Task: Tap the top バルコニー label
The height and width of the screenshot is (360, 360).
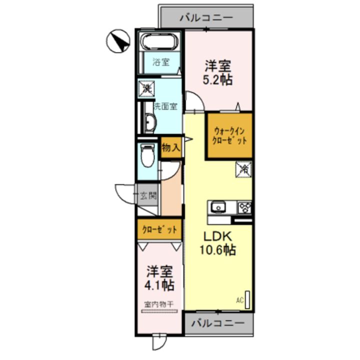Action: point(205,17)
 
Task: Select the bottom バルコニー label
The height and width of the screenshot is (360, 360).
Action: point(217,322)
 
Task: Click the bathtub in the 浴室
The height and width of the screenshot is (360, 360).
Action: point(159,40)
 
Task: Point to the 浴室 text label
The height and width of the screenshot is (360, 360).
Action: point(160,62)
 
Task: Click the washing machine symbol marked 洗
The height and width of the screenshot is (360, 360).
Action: point(146,88)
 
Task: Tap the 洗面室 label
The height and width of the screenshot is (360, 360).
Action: point(165,106)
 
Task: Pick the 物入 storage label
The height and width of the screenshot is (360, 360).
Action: point(171,148)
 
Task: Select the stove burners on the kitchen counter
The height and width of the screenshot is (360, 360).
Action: point(244,206)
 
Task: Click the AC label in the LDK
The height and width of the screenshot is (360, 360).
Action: point(239,300)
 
